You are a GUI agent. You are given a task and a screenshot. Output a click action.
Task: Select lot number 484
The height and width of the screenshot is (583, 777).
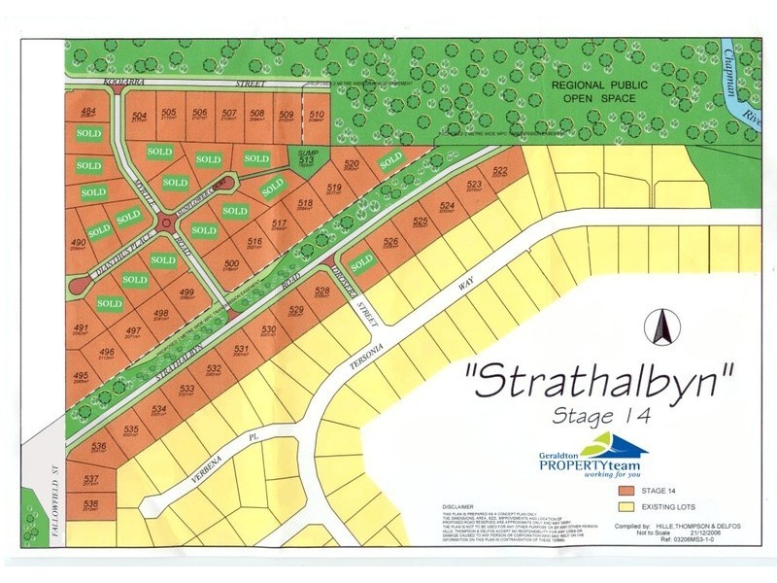(x=88, y=112)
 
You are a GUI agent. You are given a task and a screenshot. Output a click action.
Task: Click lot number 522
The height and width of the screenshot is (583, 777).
(x=500, y=171)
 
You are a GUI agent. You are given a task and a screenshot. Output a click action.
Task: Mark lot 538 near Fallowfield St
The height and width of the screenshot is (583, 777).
(x=90, y=503)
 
